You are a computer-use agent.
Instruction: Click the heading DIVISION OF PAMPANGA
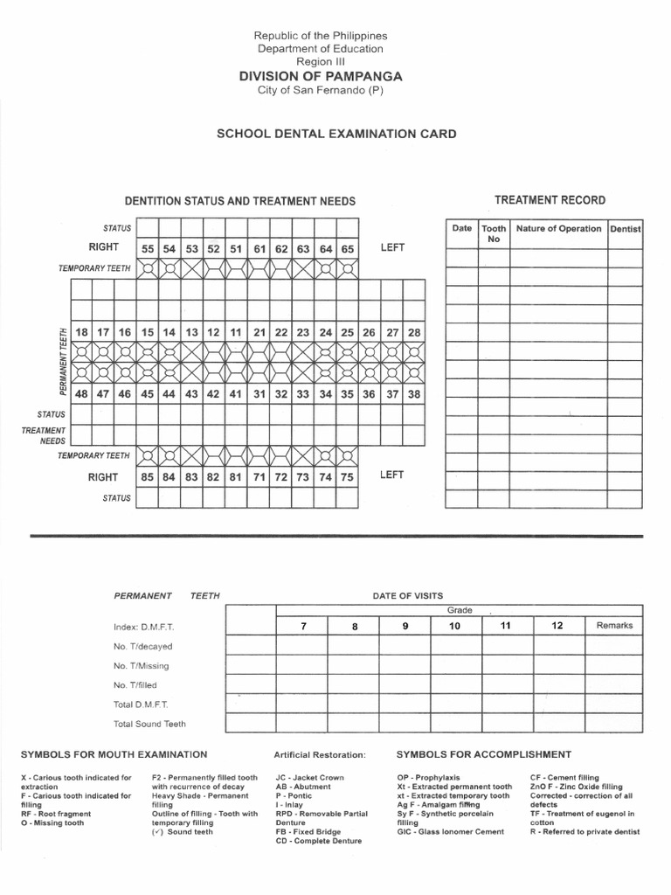(320, 77)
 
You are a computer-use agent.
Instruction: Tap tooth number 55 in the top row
(149, 248)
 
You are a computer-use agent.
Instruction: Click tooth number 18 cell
(82, 332)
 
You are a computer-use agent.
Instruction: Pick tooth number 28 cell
(414, 332)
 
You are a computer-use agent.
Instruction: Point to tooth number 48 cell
(82, 393)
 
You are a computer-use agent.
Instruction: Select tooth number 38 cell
(414, 393)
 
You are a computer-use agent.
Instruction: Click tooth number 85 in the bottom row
(149, 477)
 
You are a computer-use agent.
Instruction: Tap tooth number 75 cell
(347, 477)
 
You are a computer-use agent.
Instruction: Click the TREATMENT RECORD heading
(550, 200)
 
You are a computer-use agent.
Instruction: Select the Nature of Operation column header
(558, 229)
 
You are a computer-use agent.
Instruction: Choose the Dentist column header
(625, 229)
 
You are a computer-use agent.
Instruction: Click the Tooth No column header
(494, 233)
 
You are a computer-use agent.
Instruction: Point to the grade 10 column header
(454, 626)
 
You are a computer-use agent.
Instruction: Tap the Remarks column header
(614, 626)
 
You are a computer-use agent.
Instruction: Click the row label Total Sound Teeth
(149, 724)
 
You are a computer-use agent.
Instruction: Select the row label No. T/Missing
(142, 666)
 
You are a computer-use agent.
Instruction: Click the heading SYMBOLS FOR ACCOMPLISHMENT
(484, 754)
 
